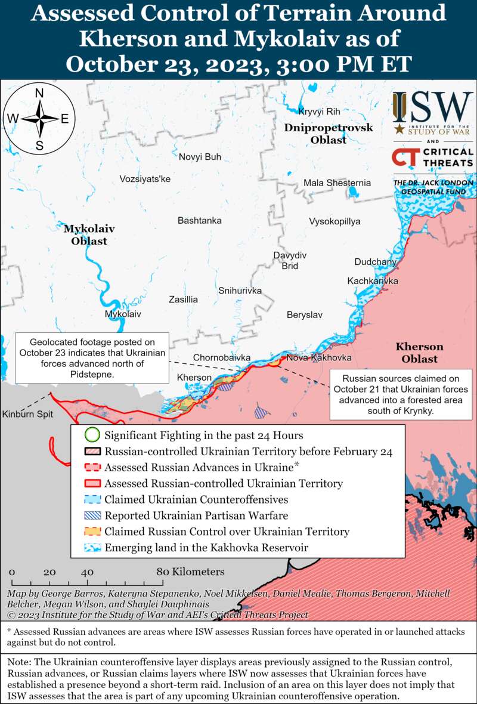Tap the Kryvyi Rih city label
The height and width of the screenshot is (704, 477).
click(318, 112)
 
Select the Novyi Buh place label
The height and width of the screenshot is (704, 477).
click(200, 157)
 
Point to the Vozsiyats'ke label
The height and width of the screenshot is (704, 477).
click(145, 179)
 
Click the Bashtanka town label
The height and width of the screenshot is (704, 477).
click(199, 221)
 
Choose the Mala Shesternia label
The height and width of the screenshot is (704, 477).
click(337, 183)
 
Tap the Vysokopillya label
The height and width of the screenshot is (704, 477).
click(334, 221)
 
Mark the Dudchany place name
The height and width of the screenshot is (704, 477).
click(375, 262)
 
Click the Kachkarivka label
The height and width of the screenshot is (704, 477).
click(373, 281)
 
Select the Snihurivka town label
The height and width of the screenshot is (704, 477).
click(240, 291)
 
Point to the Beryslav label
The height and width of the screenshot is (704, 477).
click(304, 314)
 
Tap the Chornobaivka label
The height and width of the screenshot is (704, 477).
click(221, 358)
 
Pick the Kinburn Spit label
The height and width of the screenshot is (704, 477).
click(26, 414)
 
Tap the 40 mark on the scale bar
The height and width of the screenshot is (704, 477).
click(88, 572)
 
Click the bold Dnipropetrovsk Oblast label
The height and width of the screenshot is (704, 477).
click(328, 134)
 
